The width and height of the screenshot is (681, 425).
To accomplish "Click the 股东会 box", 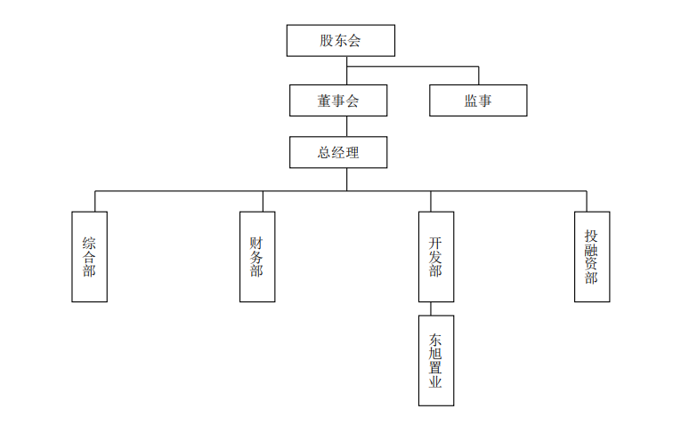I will coord(340,41).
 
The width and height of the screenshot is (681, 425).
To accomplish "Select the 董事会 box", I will coord(338,100).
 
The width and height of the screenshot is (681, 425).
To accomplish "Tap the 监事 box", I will coord(478,100).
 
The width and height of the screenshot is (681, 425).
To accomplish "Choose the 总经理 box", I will coord(338,152).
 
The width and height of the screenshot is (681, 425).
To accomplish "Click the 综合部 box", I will coord(89,256).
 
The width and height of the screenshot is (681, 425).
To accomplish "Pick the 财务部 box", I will coord(257,256).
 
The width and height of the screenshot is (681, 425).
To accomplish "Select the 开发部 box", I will coord(435,256).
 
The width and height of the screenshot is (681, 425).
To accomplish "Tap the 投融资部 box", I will coord(592,256).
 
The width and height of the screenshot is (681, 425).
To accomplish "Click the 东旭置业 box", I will coord(435,360).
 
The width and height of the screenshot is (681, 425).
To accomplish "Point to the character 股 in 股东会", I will coord(327,41).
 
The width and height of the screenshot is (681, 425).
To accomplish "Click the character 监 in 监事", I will coord(471,100).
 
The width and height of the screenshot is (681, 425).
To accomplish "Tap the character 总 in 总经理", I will coord(325,152).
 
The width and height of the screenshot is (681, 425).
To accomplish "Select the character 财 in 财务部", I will coord(257,242).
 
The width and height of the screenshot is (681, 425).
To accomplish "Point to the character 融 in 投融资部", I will coord(592,250).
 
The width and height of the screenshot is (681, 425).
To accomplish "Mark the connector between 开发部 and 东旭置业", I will coord(431,309).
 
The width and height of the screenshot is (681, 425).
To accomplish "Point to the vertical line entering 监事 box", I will coord(478,76).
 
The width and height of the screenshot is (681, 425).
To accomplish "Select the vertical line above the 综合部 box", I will coord(95,201).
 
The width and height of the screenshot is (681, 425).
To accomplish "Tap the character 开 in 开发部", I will coord(435,242).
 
